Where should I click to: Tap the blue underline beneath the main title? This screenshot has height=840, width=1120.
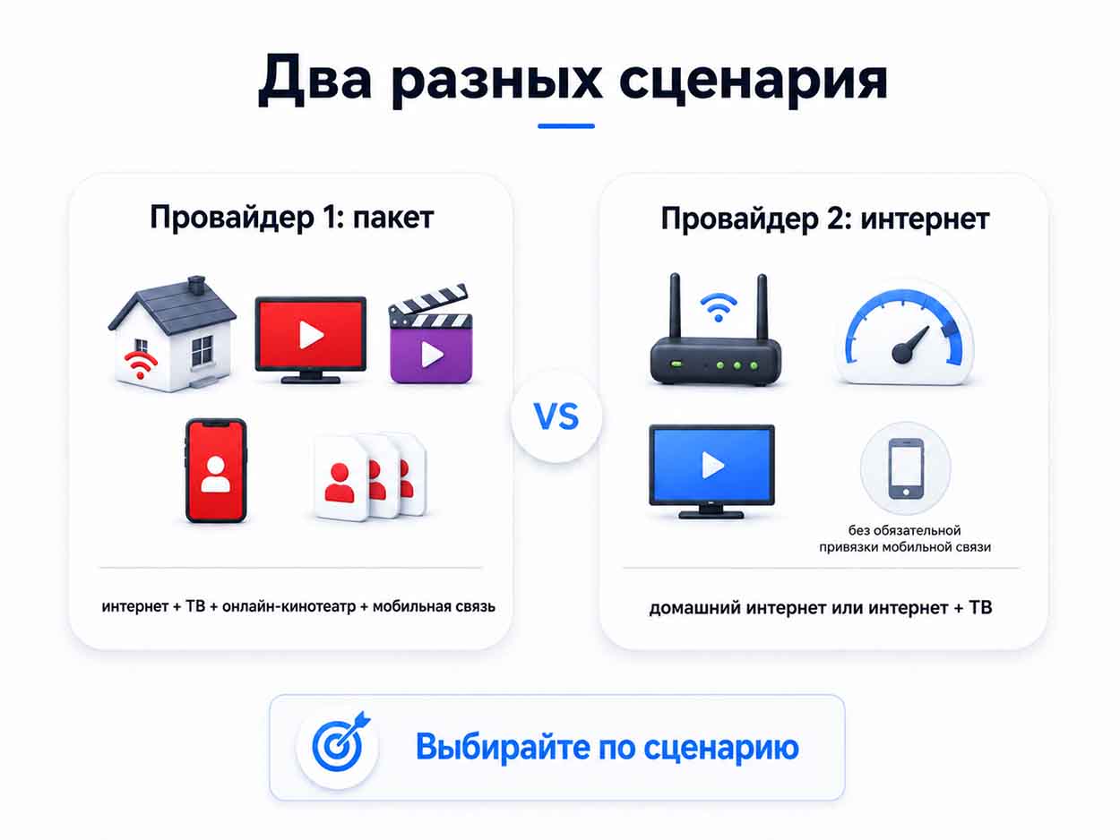click(x=566, y=126)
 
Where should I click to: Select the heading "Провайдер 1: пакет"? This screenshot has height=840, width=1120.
click(x=292, y=219)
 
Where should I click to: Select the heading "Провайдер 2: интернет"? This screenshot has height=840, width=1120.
click(x=825, y=219)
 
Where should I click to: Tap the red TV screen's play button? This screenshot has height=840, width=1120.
click(x=311, y=335)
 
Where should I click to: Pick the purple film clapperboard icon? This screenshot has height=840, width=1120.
click(x=431, y=334)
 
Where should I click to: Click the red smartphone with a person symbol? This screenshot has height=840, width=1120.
click(x=216, y=470)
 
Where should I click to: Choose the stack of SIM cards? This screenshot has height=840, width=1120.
click(x=370, y=477)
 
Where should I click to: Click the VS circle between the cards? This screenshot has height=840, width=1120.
click(x=556, y=416)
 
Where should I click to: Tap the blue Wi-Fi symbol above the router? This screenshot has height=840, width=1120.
click(x=719, y=307)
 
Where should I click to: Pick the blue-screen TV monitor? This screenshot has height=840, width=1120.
click(x=711, y=471)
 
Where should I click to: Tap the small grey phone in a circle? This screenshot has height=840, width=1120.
click(x=906, y=467)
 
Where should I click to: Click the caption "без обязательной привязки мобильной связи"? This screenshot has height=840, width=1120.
click(x=905, y=538)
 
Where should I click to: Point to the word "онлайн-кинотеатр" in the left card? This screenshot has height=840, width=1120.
click(x=289, y=606)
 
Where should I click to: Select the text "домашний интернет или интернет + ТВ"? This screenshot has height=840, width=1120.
click(x=821, y=608)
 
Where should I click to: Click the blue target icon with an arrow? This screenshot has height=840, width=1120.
click(x=339, y=743)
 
